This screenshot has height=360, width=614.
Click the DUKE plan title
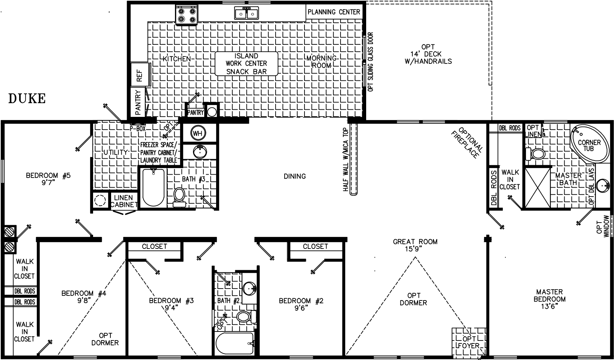(27, 98)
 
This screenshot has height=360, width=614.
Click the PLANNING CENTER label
(334, 12)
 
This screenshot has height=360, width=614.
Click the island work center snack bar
(246, 64)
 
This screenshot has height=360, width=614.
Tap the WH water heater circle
(198, 133)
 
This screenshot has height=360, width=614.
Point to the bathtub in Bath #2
(234, 343)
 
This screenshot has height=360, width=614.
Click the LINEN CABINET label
(124, 201)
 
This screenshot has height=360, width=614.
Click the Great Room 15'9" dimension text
(415, 249)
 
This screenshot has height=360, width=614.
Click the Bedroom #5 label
(48, 179)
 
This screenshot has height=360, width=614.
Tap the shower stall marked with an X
(537, 188)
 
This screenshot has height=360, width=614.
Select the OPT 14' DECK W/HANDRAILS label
(428, 54)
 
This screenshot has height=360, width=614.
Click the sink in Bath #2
(249, 289)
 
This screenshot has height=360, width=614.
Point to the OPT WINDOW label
(603, 227)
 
